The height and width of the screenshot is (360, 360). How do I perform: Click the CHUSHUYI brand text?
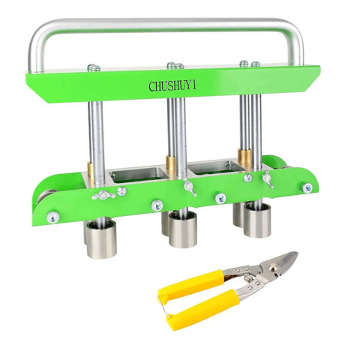pyautogui.click(x=172, y=85)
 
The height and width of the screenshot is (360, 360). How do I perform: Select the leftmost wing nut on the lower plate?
pyautogui.click(x=103, y=195)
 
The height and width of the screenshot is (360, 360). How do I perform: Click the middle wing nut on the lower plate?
pyautogui.click(x=189, y=187)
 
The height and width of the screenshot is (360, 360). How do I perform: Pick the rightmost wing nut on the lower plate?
pyautogui.click(x=268, y=179)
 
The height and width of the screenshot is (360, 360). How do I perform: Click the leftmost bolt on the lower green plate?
pyautogui.click(x=53, y=217)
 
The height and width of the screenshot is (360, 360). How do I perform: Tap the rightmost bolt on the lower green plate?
pyautogui.click(x=307, y=188)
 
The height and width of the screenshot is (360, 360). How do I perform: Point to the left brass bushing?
pyautogui.click(x=91, y=175)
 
